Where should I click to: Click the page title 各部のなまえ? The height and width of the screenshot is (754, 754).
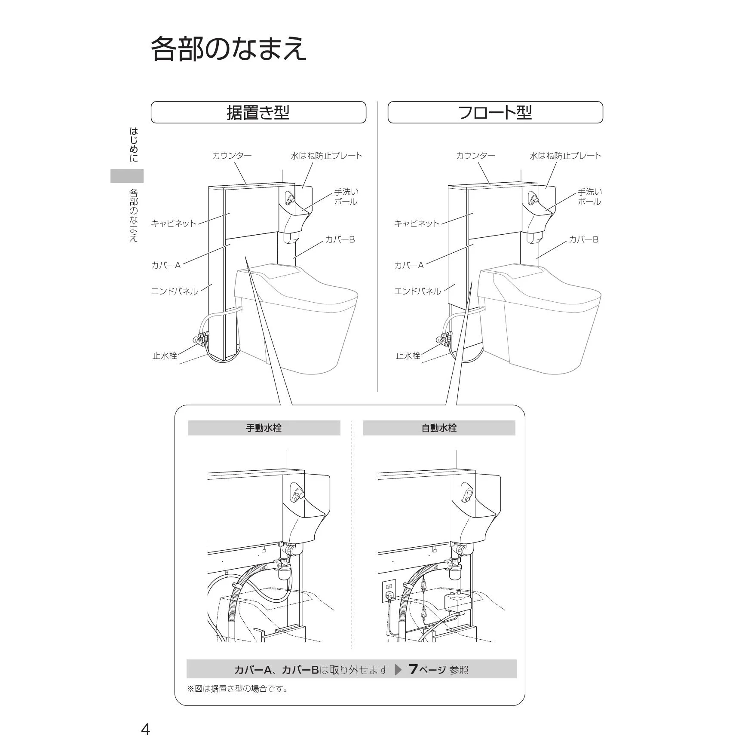[229, 49]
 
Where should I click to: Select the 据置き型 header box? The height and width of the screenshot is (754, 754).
[258, 112]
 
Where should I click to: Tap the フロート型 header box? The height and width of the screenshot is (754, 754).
[495, 112]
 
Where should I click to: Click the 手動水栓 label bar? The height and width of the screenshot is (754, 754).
[264, 428]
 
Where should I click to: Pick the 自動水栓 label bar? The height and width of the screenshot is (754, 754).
[439, 428]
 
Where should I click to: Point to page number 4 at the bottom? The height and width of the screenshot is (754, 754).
[146, 729]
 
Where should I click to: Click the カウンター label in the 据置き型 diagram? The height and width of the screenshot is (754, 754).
[232, 156]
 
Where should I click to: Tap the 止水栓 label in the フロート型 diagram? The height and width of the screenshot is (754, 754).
[408, 356]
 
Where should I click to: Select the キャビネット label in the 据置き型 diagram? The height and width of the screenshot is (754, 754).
[174, 223]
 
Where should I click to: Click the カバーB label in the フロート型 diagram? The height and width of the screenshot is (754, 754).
[583, 239]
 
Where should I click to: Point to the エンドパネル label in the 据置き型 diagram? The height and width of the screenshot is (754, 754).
[175, 291]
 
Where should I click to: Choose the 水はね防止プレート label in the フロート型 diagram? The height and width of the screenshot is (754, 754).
[565, 156]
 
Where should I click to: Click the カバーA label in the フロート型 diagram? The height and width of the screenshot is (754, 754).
[409, 265]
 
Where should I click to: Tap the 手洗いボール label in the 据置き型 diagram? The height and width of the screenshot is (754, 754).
[346, 196]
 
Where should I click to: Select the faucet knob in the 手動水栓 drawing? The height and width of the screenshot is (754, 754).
[297, 494]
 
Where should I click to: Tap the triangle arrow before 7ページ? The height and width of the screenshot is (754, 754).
[398, 670]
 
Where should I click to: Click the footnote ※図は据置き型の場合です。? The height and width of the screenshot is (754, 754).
[238, 689]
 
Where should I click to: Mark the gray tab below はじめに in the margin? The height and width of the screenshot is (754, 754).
[127, 176]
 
